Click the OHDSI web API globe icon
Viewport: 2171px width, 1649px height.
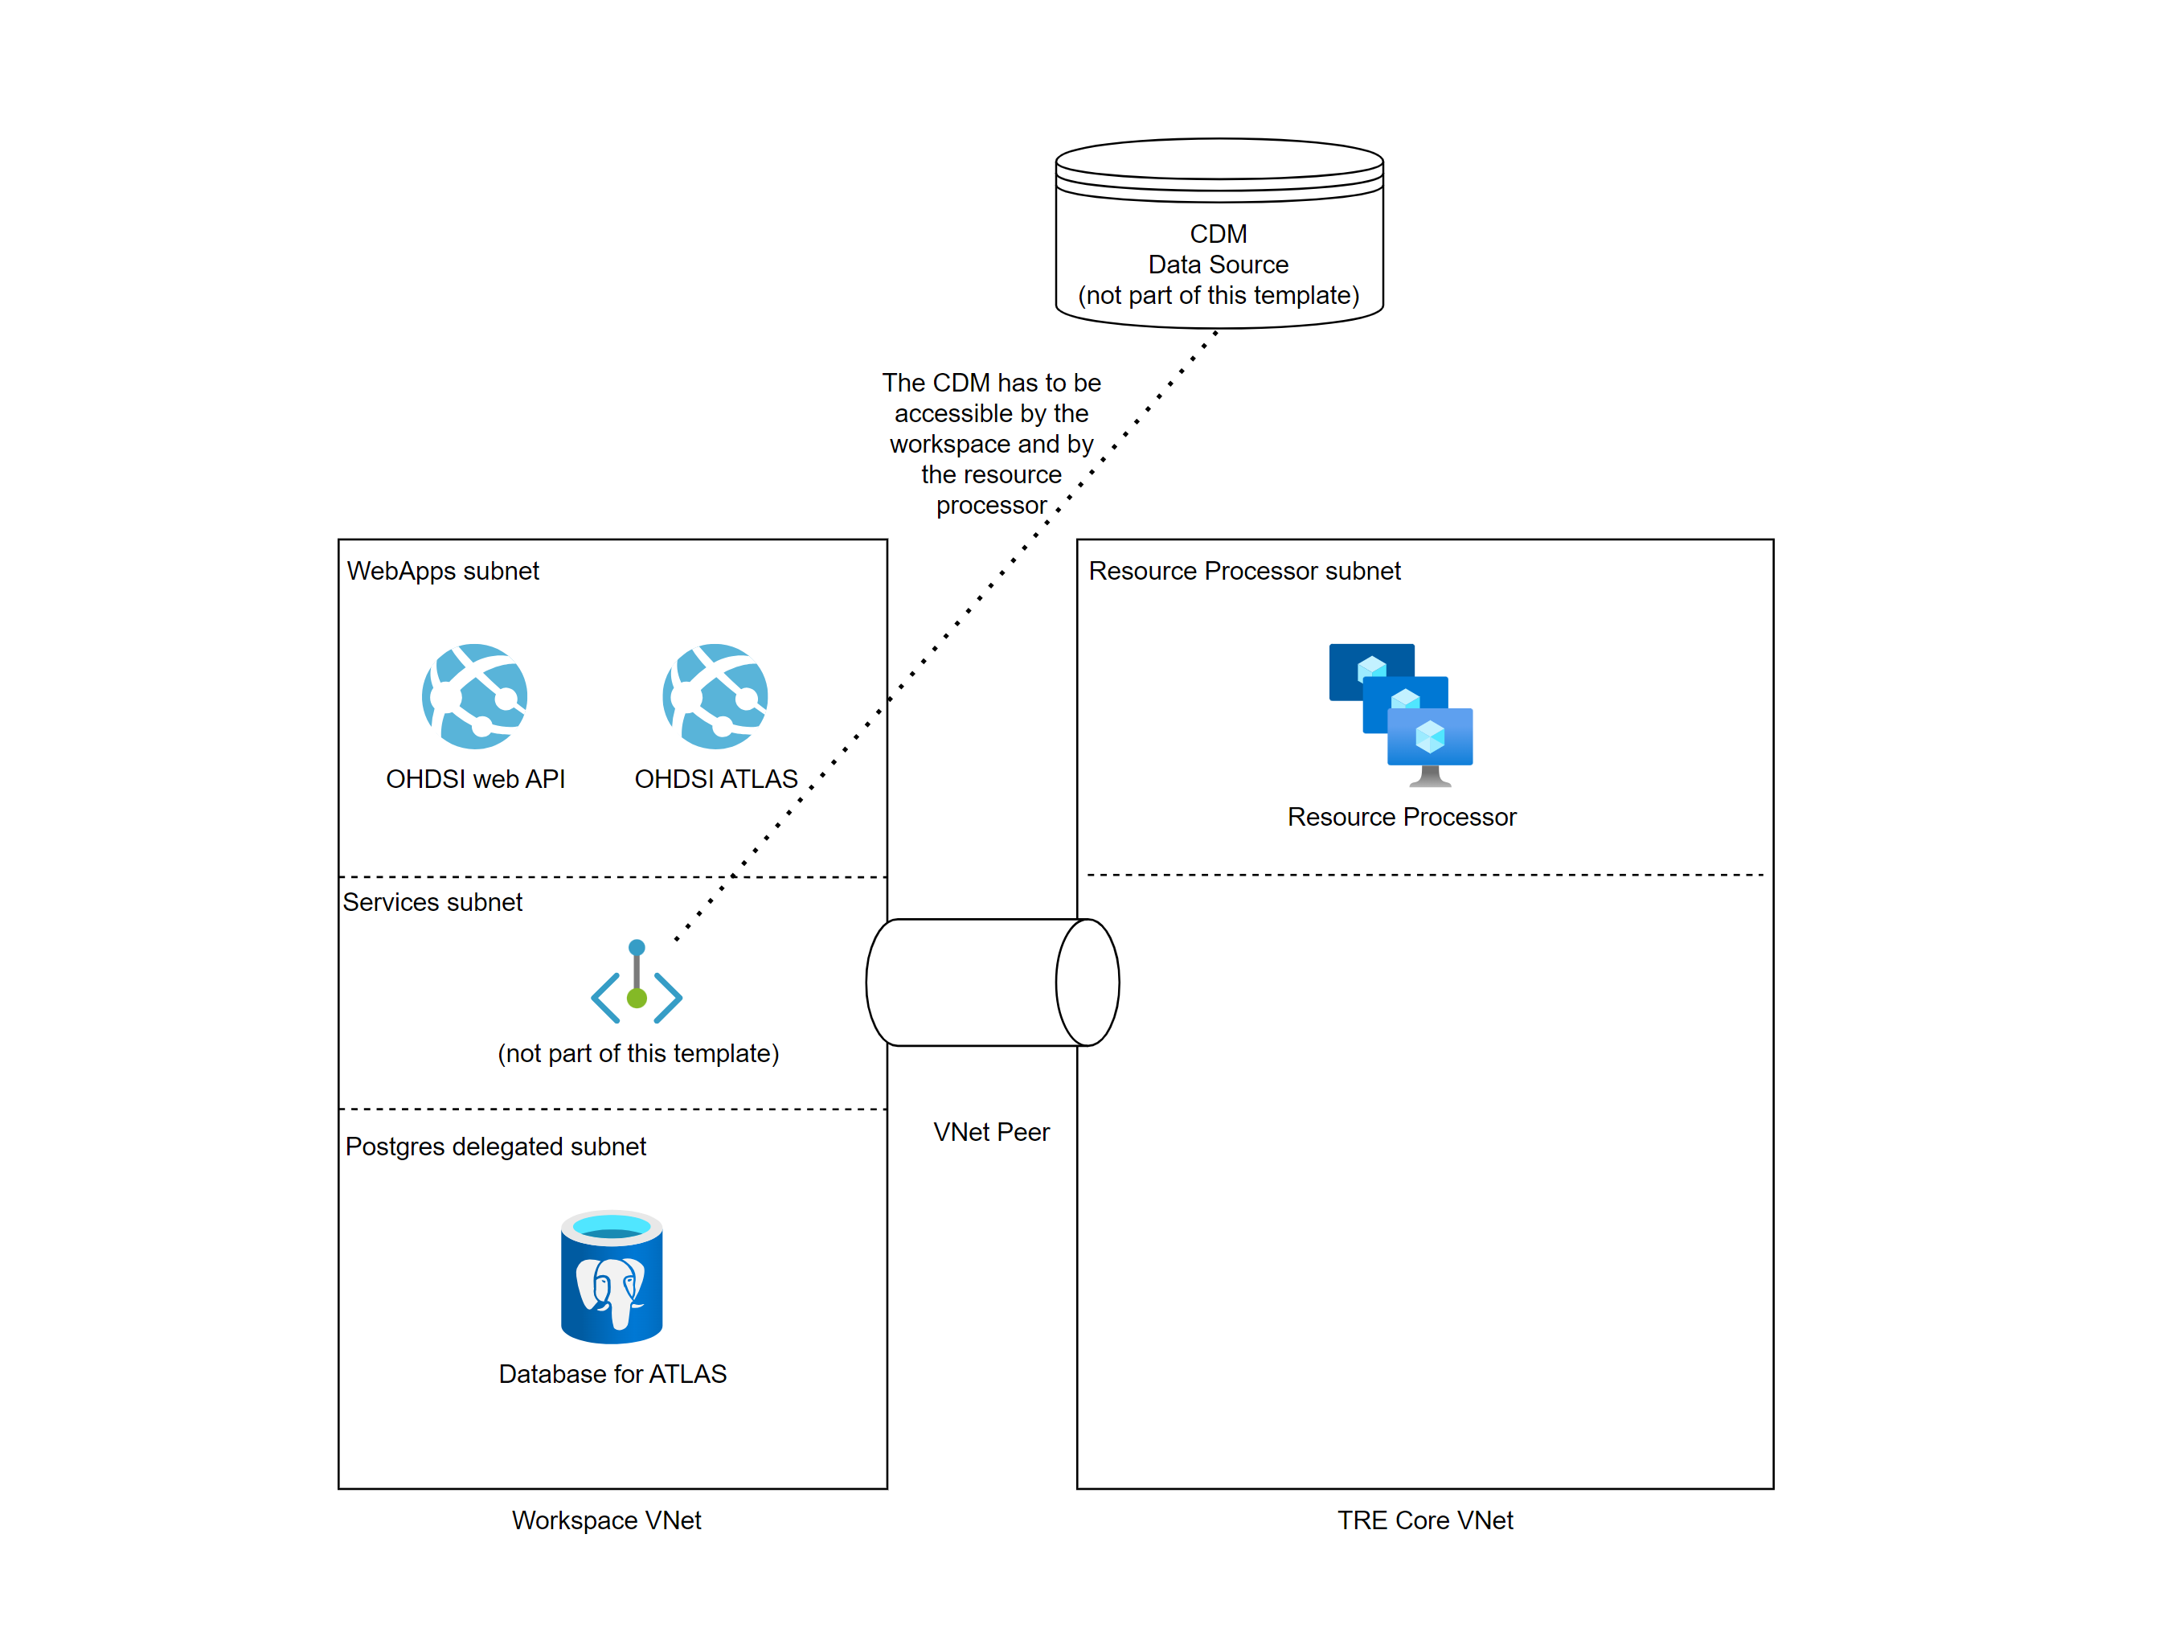(475, 697)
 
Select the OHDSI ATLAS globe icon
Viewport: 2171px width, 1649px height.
(715, 697)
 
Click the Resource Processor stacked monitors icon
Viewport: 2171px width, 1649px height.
(1402, 715)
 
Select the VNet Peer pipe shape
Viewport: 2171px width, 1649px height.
(991, 982)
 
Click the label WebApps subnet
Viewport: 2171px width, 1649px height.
(443, 572)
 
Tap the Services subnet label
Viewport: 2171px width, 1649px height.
(432, 902)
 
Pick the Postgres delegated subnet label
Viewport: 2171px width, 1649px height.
(496, 1147)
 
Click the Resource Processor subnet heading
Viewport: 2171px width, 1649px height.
(1244, 572)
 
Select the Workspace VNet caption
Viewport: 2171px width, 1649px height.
(607, 1520)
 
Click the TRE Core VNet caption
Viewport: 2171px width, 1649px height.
(1425, 1520)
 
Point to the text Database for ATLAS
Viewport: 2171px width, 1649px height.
(612, 1374)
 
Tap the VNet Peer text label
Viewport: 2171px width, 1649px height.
(991, 1133)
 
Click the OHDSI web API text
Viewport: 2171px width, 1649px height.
(475, 779)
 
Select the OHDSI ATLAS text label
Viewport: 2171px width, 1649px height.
(715, 779)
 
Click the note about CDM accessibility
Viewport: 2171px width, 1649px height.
(991, 444)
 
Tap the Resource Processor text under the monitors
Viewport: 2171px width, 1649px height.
(1402, 818)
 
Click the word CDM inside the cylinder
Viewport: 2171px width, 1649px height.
(1219, 235)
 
